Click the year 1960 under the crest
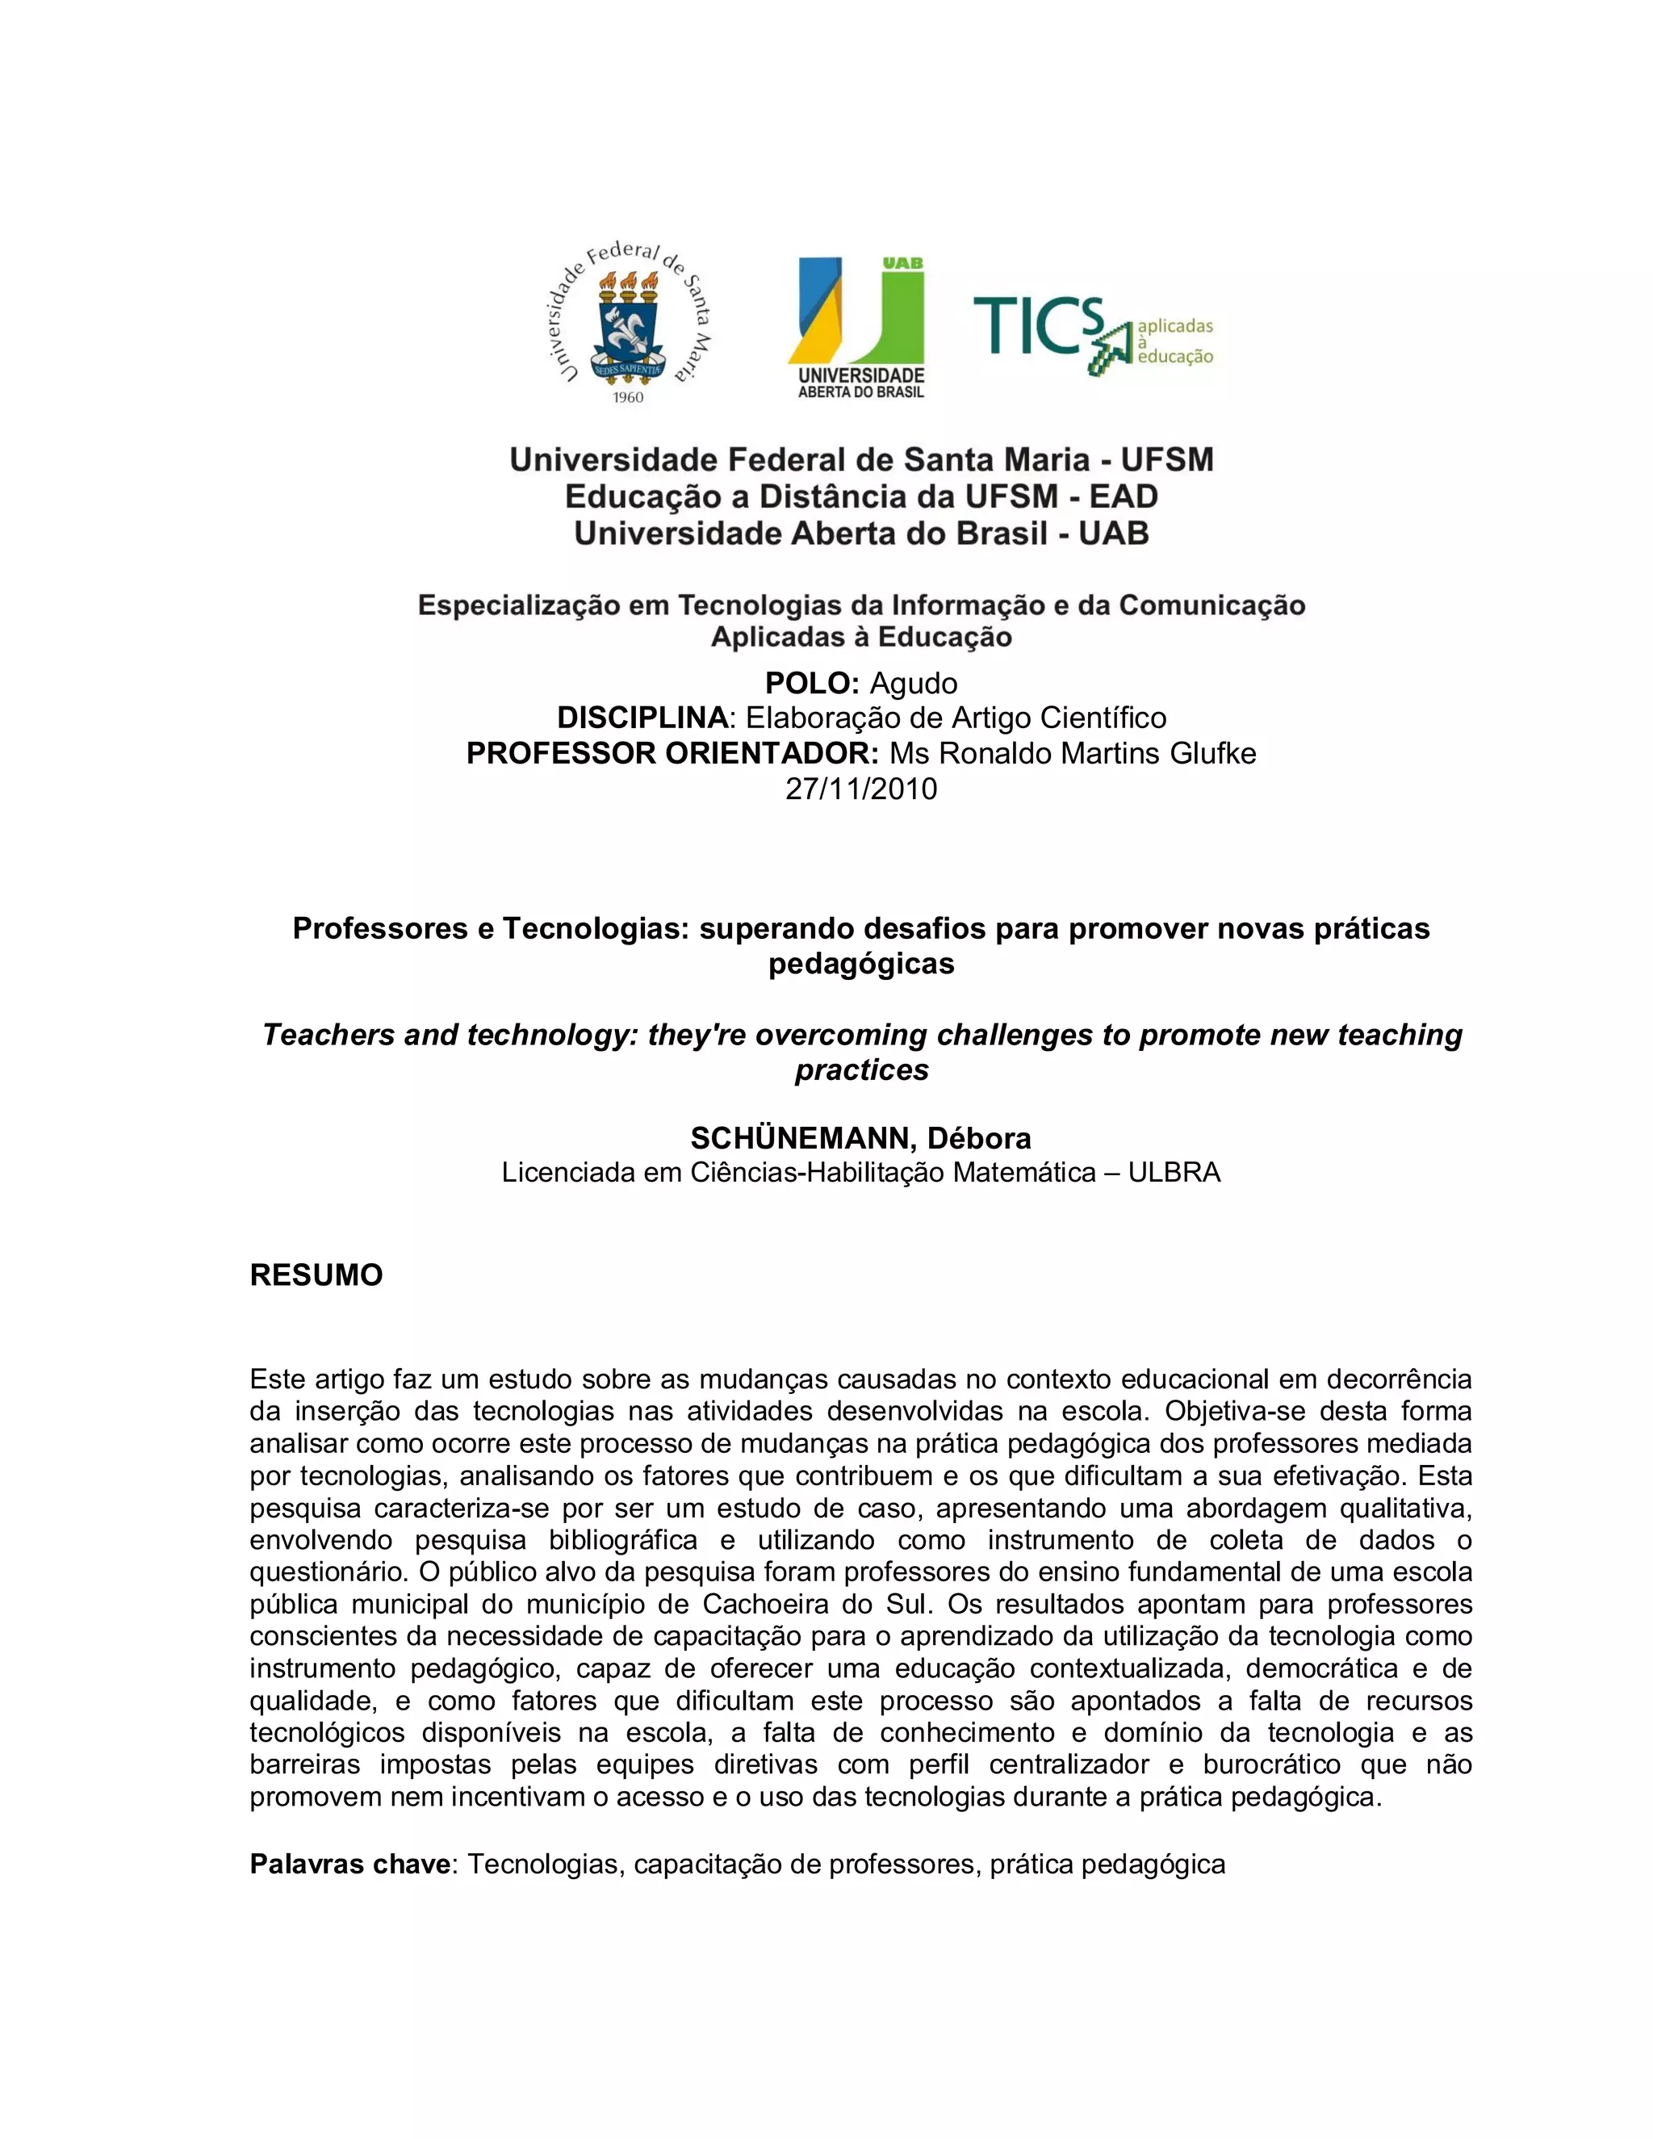point(628,396)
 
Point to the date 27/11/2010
point(860,789)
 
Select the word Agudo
point(914,683)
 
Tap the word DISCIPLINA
point(642,718)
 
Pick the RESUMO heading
point(316,1275)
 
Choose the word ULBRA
point(1174,1172)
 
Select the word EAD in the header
point(1124,496)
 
